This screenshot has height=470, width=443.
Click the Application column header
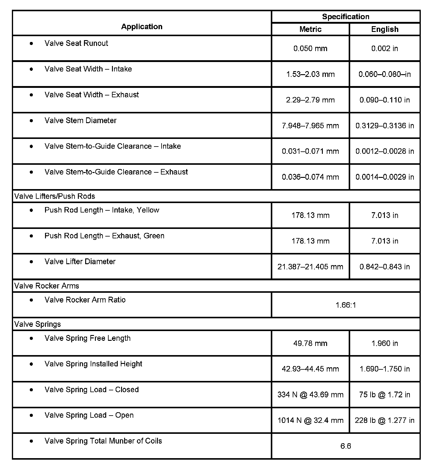142,27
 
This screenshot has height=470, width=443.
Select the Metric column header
310,29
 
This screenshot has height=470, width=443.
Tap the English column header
385,29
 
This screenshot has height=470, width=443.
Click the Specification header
346,17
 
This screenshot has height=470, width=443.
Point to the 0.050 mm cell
310,48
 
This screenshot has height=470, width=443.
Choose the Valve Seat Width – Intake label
88,69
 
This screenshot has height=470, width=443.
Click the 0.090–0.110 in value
385,100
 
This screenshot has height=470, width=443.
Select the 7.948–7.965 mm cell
310,126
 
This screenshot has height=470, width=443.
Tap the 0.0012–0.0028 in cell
385,151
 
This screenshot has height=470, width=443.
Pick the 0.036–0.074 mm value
310,177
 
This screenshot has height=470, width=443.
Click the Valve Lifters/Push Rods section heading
55,196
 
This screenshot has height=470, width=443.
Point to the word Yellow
148,210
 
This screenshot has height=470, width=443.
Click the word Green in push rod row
154,236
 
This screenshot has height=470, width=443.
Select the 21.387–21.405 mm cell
310,267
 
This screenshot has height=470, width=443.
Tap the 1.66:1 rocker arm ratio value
346,305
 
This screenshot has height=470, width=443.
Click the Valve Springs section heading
37,324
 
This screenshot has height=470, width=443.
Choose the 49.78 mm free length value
310,343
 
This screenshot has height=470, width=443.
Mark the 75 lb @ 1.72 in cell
385,395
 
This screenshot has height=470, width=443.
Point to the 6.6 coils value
346,446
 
